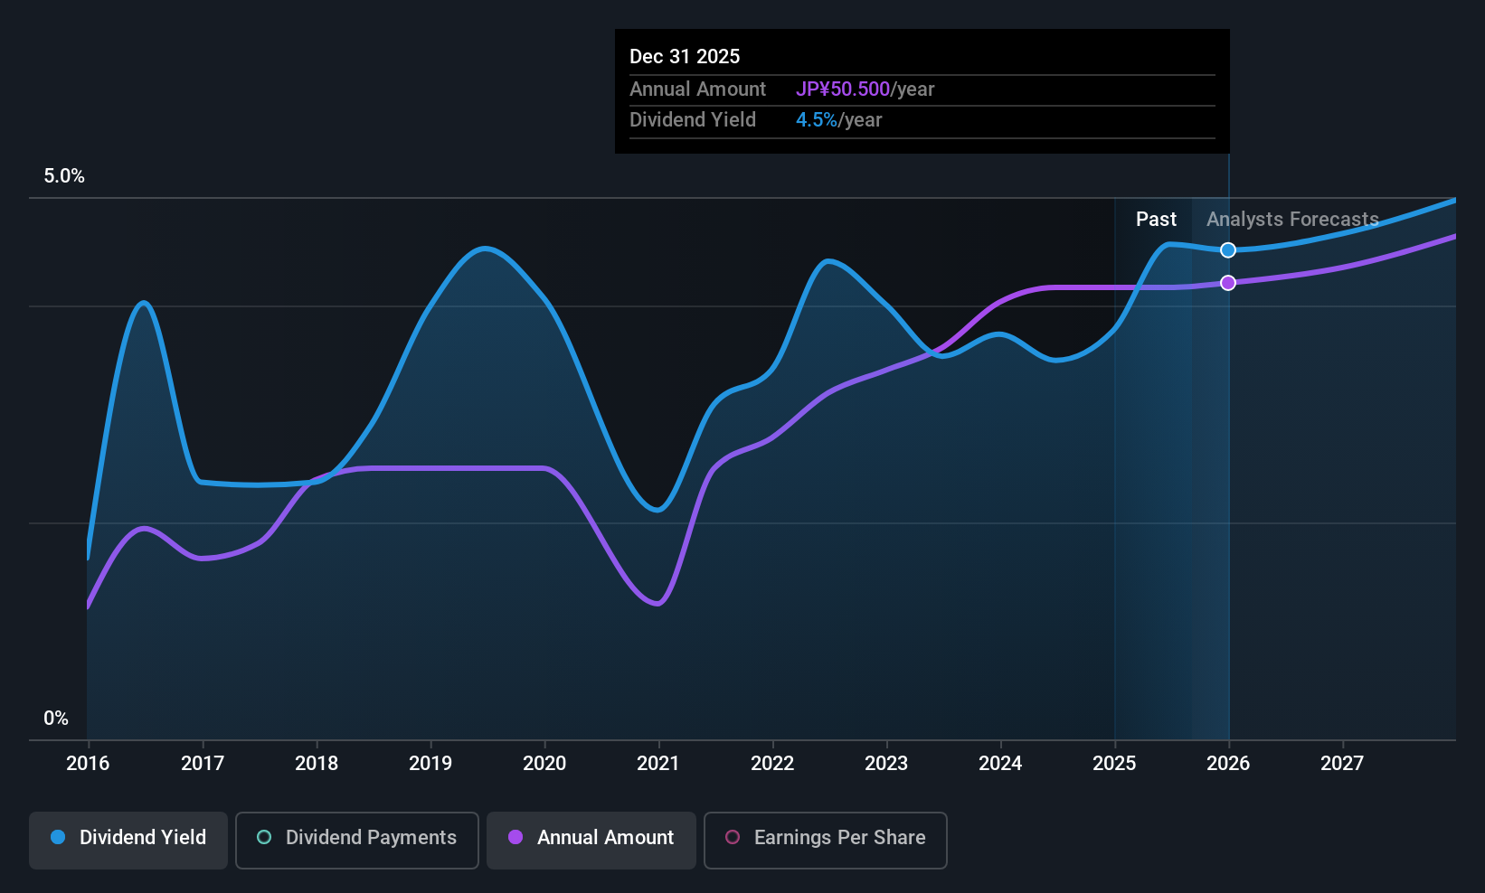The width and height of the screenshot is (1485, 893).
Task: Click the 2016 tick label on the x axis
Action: click(x=88, y=764)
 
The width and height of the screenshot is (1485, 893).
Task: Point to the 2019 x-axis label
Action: click(x=430, y=764)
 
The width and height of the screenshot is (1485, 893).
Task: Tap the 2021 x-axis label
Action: click(x=658, y=764)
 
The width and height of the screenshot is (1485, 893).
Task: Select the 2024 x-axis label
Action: click(x=1000, y=764)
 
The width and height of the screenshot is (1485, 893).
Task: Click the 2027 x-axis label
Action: click(x=1342, y=764)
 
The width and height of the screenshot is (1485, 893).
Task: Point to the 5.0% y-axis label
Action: click(x=64, y=176)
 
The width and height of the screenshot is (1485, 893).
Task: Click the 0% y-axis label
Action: click(x=56, y=719)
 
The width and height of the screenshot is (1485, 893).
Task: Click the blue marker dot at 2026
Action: click(x=1228, y=250)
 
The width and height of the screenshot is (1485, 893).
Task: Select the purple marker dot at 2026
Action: click(x=1228, y=283)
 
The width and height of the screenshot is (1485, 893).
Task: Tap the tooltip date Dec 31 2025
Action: click(x=685, y=57)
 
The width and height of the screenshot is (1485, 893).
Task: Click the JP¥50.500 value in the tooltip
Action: click(x=843, y=89)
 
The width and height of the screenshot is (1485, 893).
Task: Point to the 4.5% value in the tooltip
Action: click(x=817, y=120)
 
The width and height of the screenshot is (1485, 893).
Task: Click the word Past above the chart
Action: click(x=1156, y=220)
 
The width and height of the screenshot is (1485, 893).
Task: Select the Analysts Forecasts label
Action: click(x=1292, y=220)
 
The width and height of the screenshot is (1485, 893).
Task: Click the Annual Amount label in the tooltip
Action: click(x=697, y=89)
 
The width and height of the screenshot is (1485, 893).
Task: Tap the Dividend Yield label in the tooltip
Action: click(x=693, y=120)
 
